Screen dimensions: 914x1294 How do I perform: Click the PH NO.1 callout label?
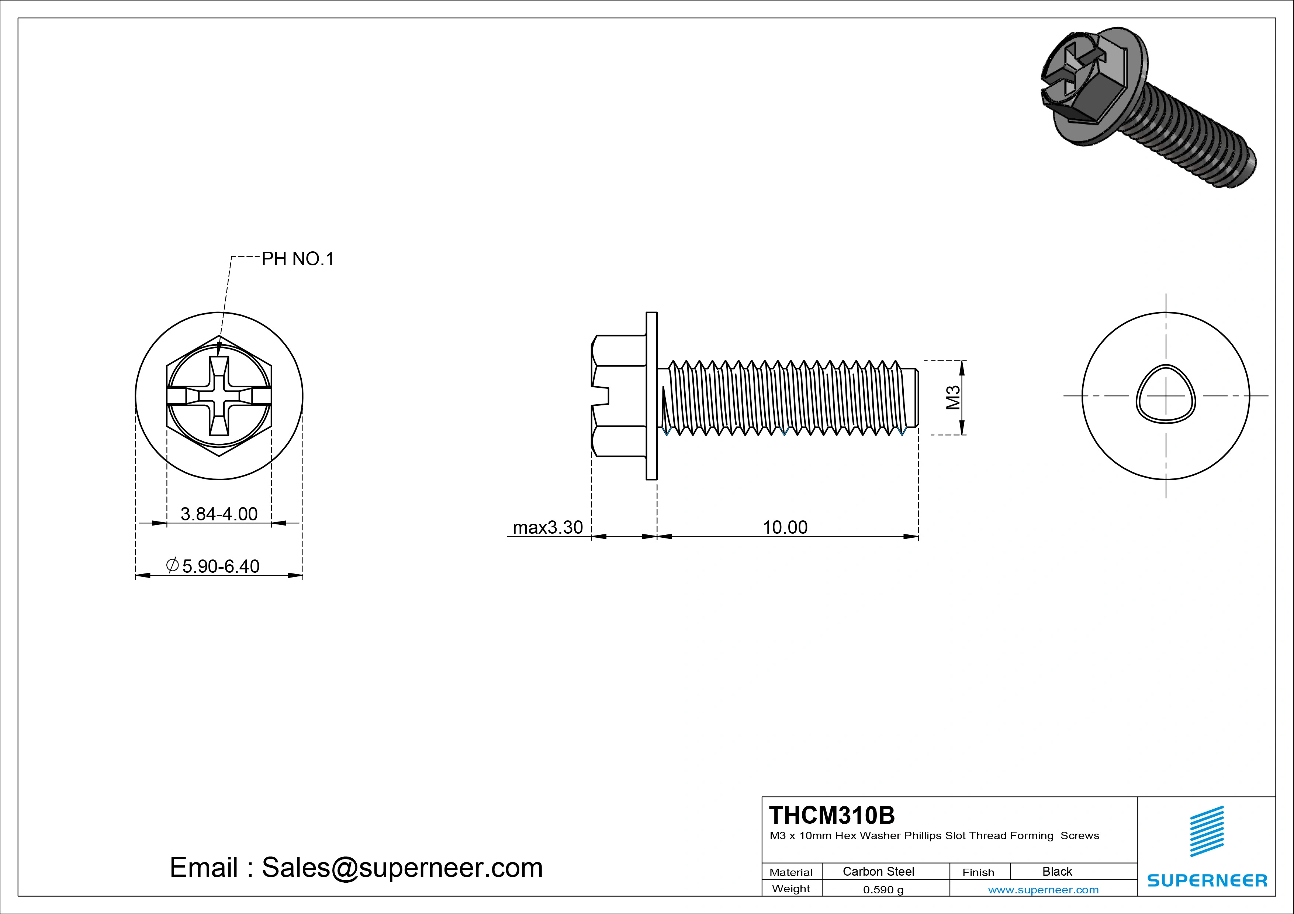point(298,259)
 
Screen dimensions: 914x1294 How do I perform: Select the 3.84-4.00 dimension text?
point(219,514)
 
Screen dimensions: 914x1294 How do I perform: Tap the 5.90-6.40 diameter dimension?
point(220,566)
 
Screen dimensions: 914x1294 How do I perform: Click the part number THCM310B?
point(831,815)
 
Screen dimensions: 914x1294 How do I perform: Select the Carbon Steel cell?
point(878,871)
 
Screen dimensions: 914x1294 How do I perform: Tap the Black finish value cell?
point(1057,871)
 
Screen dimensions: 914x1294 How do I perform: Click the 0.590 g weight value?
point(883,890)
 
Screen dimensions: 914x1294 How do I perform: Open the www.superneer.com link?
point(1043,890)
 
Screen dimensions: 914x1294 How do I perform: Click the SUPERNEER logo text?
point(1207,880)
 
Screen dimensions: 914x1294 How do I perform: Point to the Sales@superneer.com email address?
point(402,867)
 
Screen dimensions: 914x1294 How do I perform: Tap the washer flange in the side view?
point(651,396)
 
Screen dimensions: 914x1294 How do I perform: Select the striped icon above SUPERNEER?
point(1207,831)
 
